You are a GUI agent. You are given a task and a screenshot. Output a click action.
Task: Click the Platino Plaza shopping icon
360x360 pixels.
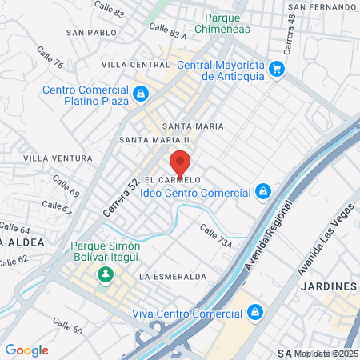click(141, 95)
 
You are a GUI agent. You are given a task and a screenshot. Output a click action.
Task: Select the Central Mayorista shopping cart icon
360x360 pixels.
click(277, 69)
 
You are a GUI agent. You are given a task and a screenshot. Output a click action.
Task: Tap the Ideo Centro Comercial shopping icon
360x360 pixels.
click(262, 192)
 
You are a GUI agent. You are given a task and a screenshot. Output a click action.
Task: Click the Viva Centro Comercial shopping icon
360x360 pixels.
click(254, 311)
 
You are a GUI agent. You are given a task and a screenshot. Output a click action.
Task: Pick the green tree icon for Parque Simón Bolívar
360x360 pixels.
click(104, 275)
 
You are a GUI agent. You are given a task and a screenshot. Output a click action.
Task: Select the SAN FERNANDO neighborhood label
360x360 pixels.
click(322, 6)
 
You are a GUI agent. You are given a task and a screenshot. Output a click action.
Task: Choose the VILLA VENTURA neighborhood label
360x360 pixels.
click(53, 158)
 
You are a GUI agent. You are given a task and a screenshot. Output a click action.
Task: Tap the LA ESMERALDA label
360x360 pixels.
click(172, 276)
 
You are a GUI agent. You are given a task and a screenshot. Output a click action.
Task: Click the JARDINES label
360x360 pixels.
click(328, 286)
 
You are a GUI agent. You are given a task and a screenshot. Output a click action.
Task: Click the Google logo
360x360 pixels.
click(27, 350)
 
